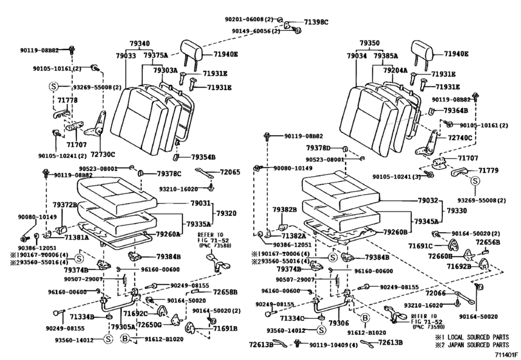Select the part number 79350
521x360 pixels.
369,44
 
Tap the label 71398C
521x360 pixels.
315,22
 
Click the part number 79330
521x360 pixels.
457,210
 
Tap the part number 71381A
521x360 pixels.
76,237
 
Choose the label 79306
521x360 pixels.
339,324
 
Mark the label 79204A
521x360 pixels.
396,69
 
